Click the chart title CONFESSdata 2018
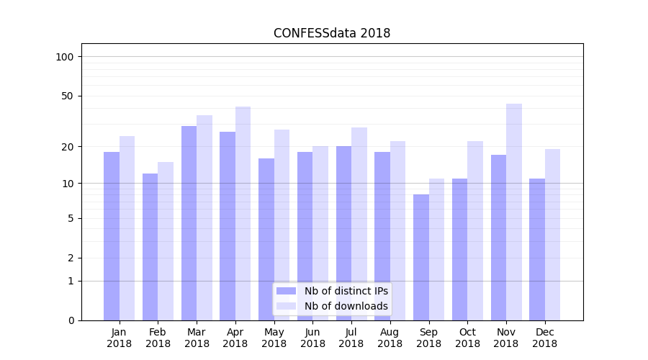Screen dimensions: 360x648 point(332,33)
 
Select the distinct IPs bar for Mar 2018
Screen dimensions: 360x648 point(189,223)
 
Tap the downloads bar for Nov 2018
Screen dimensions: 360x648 point(514,212)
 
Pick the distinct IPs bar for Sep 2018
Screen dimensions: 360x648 point(421,257)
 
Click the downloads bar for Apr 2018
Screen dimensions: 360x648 point(243,214)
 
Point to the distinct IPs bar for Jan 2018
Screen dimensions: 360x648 point(112,236)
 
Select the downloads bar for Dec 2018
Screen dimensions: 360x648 point(553,235)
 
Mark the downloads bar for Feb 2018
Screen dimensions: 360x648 point(166,241)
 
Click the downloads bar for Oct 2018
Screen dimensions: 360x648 point(475,230)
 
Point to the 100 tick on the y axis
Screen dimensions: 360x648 point(64,57)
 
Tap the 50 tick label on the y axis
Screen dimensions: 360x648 point(67,96)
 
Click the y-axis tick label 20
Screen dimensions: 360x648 point(67,147)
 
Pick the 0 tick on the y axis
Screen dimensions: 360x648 point(70,320)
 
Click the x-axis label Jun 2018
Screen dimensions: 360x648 point(312,338)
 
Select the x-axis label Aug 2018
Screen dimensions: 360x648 point(390,338)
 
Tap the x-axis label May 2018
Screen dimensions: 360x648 point(274,338)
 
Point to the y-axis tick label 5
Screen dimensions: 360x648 point(70,218)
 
